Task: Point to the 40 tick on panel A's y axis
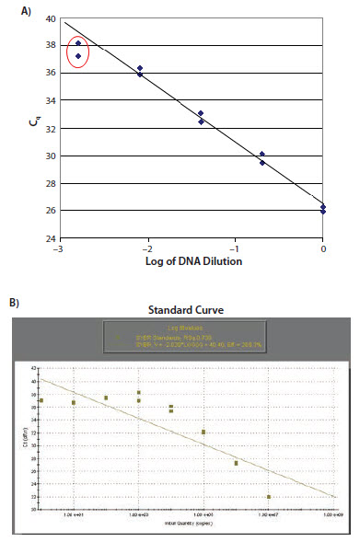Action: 50,18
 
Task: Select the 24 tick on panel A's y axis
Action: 50,238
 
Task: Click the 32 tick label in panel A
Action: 50,128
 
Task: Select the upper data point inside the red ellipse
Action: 78,43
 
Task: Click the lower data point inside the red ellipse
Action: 78,56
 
